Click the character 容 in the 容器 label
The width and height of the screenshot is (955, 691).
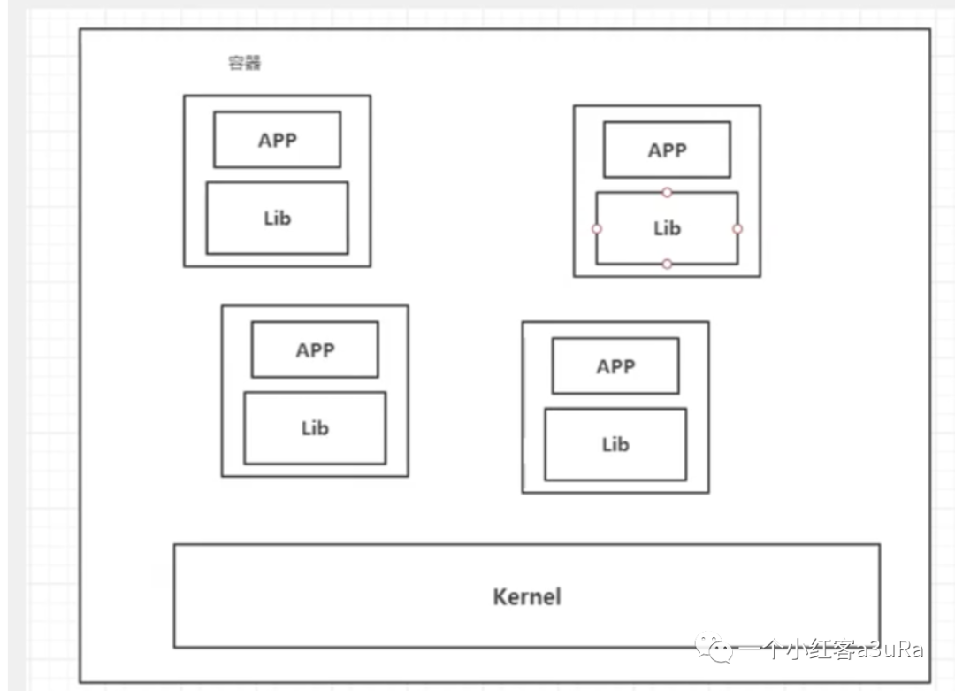[237, 64]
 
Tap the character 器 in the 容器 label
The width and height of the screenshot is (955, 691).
[253, 64]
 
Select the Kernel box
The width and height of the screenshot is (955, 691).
[526, 595]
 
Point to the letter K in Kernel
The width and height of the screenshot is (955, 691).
[499, 596]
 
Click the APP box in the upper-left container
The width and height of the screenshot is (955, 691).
[277, 140]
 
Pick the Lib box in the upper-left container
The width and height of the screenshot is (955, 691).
[277, 218]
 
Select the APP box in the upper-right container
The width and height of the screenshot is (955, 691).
[667, 150]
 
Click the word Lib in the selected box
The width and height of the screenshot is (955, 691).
[667, 228]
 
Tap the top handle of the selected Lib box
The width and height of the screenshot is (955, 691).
[667, 192]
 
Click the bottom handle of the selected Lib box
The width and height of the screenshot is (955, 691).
[667, 264]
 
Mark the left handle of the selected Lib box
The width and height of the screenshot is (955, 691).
[597, 228]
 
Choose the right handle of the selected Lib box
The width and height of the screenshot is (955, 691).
[737, 228]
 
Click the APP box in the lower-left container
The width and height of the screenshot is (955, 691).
[315, 349]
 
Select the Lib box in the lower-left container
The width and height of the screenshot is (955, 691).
[315, 428]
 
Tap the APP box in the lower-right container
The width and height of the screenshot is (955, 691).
[615, 366]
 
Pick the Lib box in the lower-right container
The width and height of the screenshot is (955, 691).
[615, 444]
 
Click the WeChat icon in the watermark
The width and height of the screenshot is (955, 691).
[714, 650]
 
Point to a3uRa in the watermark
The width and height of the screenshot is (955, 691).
[888, 650]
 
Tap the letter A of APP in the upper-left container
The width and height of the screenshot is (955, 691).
[264, 140]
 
